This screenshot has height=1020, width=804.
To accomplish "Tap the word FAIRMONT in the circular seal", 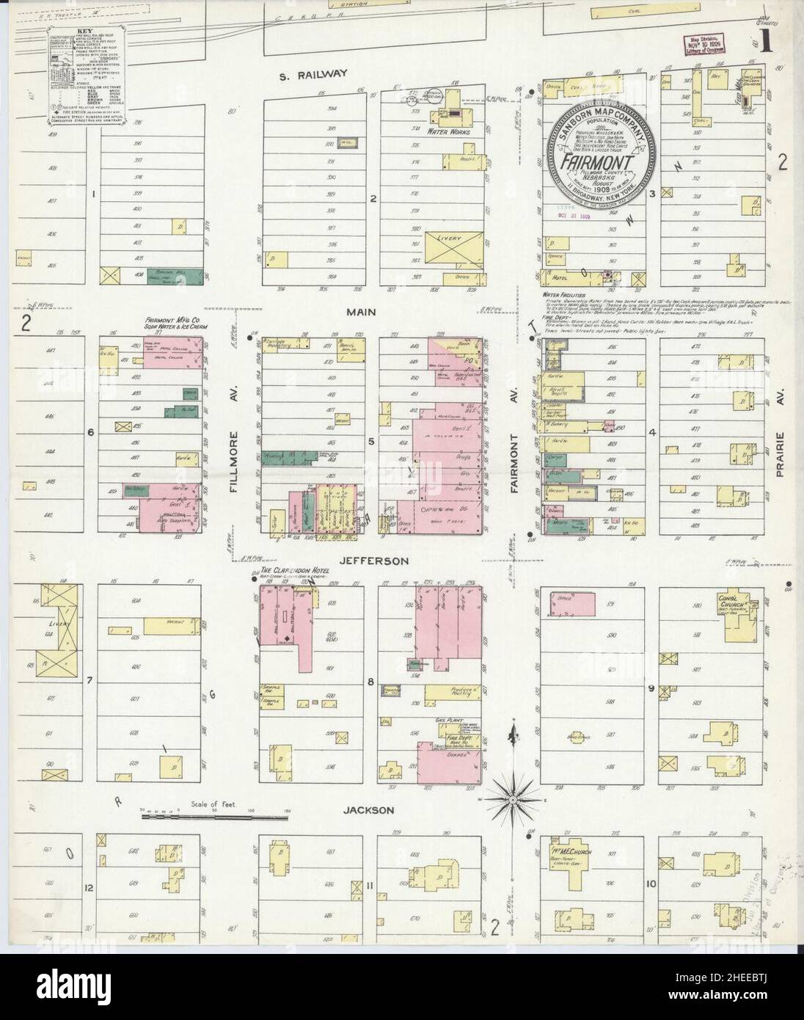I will click(599, 161).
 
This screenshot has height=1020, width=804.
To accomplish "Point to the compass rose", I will click(512, 798).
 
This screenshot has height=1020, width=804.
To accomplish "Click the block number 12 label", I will click(89, 888).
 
